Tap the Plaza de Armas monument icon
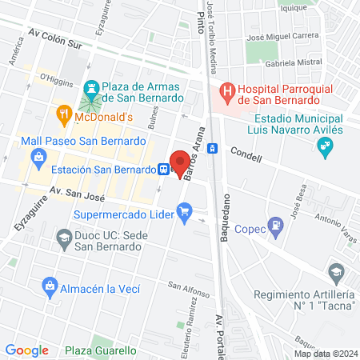tap(92, 86)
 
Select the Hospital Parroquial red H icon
tap(227, 92)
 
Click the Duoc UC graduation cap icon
tap(62, 237)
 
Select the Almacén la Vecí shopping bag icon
tap(50, 286)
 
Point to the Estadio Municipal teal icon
tap(324, 146)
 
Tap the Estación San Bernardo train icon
tap(163, 169)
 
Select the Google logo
tap(26, 350)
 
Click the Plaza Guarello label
tap(100, 350)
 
